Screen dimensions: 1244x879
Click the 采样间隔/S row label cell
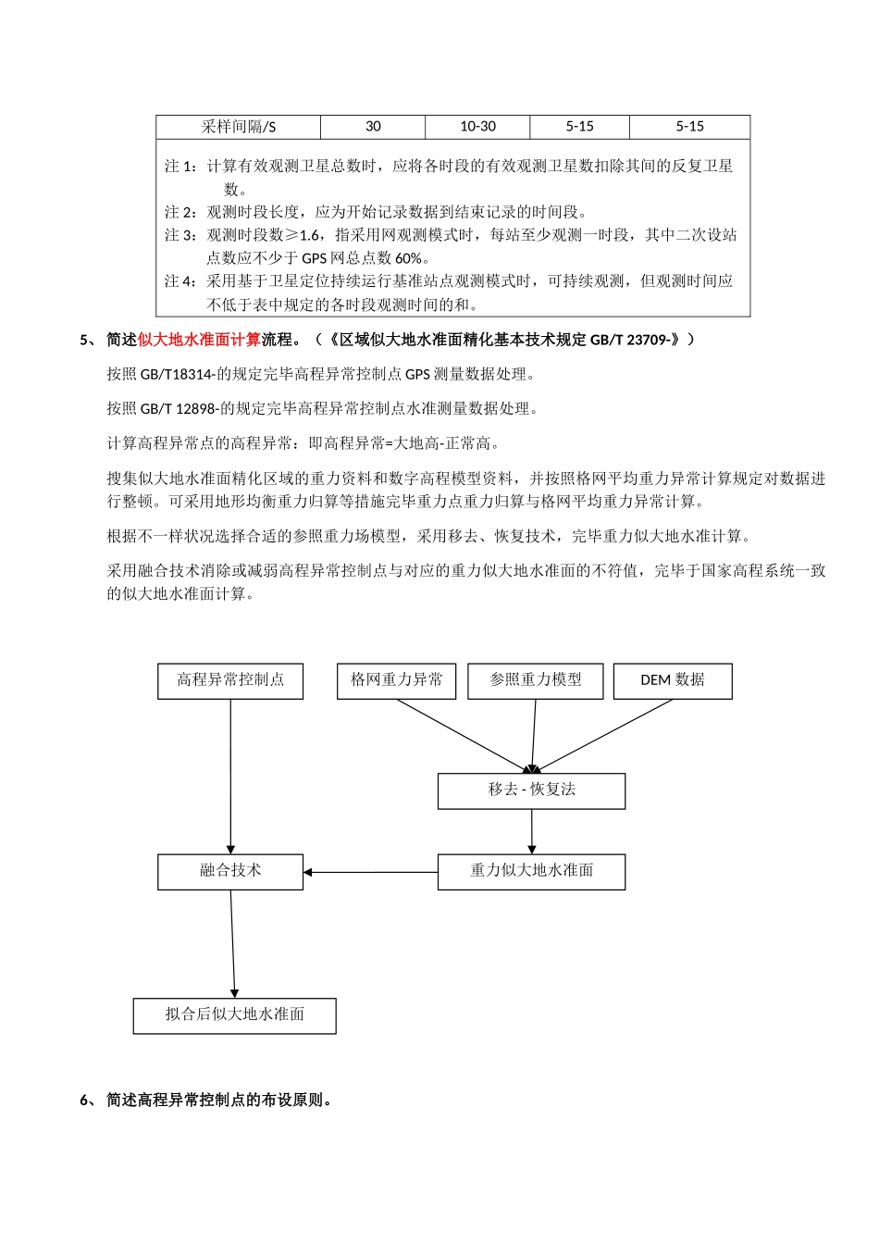click(239, 127)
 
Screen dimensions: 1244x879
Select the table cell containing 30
click(373, 127)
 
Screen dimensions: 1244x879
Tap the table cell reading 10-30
click(477, 127)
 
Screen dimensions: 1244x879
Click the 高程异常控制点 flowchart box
click(230, 680)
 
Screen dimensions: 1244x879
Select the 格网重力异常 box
click(396, 680)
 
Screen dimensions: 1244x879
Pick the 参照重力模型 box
click(536, 680)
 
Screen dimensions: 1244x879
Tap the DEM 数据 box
click(673, 680)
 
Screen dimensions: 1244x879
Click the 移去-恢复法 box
click(531, 790)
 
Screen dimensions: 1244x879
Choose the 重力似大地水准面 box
click(531, 871)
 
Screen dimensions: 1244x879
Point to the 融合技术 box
click(230, 871)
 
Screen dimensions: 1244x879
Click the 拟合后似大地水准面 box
click(234, 1015)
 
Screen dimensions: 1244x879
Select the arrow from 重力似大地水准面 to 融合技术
click(370, 872)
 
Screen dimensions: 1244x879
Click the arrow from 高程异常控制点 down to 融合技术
click(230, 777)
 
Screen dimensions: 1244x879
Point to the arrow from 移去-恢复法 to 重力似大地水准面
click(532, 831)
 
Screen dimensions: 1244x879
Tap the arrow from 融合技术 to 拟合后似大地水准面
click(232, 944)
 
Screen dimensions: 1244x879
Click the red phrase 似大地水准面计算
click(199, 340)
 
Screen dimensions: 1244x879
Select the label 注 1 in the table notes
click(180, 167)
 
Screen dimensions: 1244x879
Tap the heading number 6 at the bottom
click(84, 1101)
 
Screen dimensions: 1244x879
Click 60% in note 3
click(408, 258)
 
